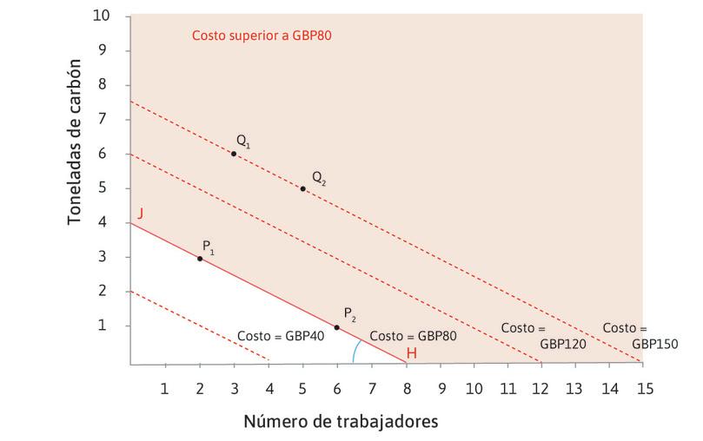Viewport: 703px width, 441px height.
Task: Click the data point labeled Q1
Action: (x=234, y=154)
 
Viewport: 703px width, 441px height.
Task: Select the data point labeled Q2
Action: (x=302, y=188)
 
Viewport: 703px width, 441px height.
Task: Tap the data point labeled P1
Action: (x=200, y=259)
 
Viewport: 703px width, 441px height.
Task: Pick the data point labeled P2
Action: (x=336, y=327)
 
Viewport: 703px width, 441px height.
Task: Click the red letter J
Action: (x=139, y=212)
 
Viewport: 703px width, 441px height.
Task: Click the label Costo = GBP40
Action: (x=280, y=336)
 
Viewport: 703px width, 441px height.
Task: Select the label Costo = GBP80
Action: (x=413, y=335)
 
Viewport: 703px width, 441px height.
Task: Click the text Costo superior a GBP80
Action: (x=262, y=36)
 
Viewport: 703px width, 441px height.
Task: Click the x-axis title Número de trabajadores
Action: (x=340, y=422)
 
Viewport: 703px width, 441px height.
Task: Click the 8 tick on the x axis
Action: (x=406, y=388)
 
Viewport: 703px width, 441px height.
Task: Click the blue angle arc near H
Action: (x=355, y=352)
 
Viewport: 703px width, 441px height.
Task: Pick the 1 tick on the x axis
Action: (x=165, y=388)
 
